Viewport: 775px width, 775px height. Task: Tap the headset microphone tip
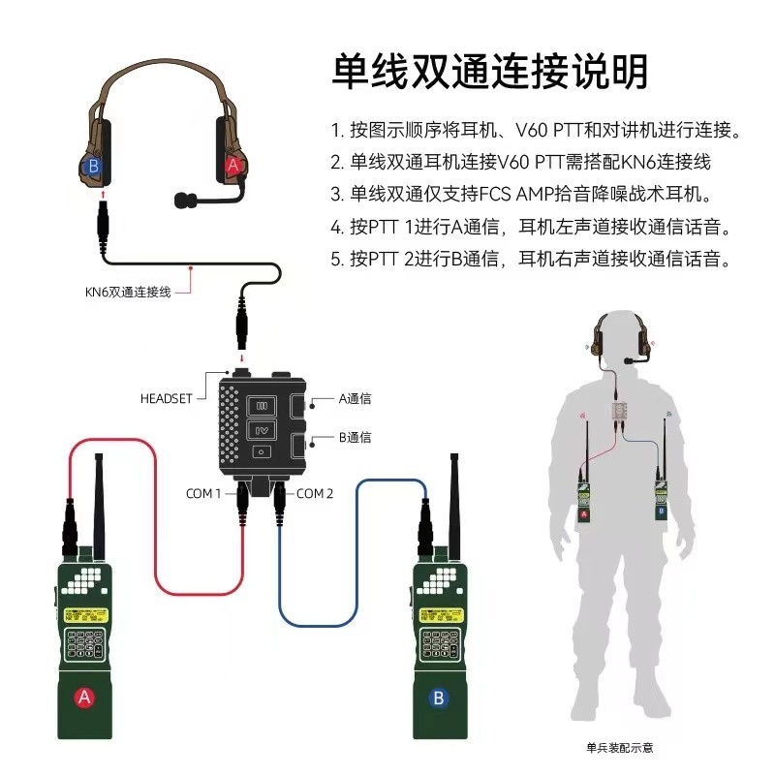181,201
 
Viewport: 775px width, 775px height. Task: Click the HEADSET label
167,398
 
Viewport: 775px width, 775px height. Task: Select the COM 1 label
203,493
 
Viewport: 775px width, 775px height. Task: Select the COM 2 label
316,493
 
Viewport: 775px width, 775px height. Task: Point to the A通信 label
355,398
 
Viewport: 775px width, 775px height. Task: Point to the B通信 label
355,437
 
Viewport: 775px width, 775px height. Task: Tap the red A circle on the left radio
84,696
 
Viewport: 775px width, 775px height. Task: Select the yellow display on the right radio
443,614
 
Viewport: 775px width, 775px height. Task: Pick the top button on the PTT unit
261,405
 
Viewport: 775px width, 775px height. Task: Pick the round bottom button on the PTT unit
261,451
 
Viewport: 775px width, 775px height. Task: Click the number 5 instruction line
530,259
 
